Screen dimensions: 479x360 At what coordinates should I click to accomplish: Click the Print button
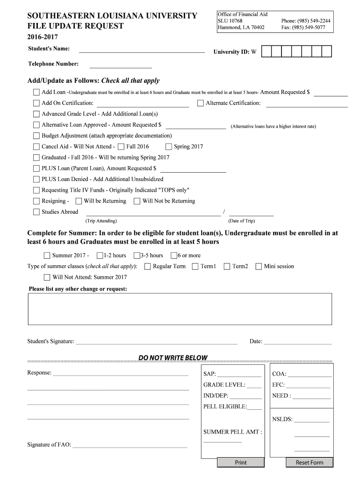pos(241,463)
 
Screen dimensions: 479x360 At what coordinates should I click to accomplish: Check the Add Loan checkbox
pos(36,92)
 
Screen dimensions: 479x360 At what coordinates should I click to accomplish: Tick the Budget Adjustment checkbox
pos(36,136)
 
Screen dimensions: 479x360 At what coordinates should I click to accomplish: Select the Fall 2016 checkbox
pos(122,146)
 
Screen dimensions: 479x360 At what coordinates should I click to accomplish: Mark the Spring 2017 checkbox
pos(169,146)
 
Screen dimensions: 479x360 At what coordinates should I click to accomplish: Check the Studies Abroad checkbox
pos(36,212)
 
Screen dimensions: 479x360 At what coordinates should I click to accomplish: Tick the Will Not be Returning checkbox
pos(137,201)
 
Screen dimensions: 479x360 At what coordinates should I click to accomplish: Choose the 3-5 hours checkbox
pos(137,255)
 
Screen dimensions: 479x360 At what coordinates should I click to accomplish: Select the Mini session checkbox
pos(259,267)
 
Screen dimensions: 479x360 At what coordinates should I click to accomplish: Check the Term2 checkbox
pos(227,267)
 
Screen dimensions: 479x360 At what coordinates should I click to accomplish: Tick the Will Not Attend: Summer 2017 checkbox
pos(47,277)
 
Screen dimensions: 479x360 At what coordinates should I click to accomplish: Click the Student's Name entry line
pos(142,51)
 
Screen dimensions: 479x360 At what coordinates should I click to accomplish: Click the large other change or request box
pos(180,309)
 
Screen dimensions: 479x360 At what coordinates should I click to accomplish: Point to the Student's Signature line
pos(157,343)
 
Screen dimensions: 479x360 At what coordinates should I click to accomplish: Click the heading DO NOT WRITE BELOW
pos(173,358)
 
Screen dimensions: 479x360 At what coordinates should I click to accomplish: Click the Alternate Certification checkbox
pos(201,103)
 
